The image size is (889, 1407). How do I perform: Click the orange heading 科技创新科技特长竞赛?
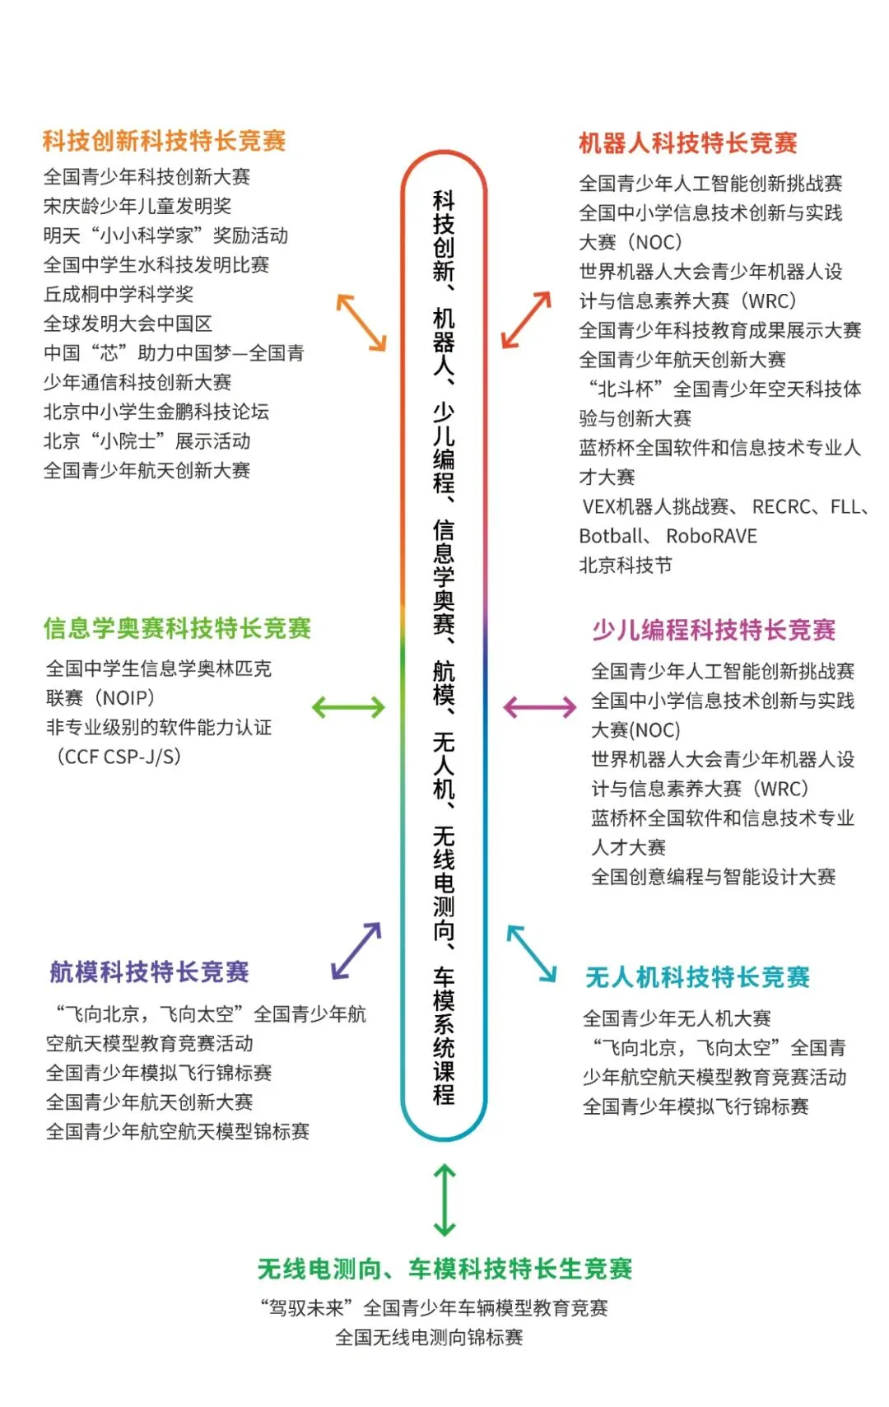[164, 141]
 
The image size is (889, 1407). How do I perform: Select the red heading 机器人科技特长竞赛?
[688, 143]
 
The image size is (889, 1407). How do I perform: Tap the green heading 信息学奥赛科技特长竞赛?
[177, 628]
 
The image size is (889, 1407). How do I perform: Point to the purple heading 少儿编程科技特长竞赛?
[714, 631]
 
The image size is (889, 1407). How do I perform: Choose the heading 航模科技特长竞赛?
[149, 972]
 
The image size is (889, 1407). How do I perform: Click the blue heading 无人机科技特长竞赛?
[697, 977]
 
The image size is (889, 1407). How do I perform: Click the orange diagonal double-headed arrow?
[361, 322]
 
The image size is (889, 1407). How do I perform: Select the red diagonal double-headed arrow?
[526, 319]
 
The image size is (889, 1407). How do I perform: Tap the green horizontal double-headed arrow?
[348, 706]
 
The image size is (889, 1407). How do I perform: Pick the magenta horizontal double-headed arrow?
[540, 706]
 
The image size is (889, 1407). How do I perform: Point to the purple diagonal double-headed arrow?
[356, 950]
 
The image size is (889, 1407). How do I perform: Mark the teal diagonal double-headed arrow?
[532, 953]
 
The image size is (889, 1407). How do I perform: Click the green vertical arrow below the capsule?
[444, 1200]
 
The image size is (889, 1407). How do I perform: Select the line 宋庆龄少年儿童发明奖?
[137, 206]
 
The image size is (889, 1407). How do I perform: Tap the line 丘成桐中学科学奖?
[119, 294]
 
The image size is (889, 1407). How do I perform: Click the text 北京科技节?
[626, 566]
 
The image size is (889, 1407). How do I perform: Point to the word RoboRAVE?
[711, 536]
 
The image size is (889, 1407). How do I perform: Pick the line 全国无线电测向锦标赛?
[429, 1337]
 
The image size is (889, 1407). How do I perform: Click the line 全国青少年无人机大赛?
[677, 1018]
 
